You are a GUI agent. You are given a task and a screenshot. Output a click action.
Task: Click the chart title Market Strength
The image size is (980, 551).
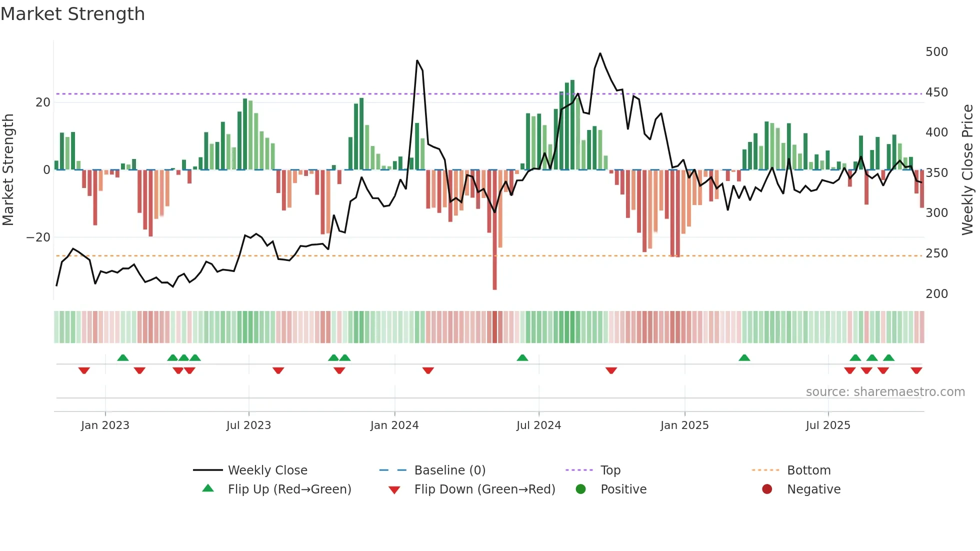72,14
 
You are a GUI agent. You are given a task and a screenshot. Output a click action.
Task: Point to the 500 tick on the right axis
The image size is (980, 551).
936,52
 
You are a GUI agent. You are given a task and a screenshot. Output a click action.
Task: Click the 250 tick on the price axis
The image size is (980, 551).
936,253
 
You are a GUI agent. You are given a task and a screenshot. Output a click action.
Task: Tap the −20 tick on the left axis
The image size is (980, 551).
38,237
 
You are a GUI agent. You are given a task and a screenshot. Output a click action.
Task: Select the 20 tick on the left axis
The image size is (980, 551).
43,102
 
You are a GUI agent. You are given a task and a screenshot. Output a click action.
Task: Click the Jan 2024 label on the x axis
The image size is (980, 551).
394,425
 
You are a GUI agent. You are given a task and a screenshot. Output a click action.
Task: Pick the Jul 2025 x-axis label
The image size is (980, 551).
827,425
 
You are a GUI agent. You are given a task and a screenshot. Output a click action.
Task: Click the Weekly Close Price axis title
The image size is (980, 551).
967,170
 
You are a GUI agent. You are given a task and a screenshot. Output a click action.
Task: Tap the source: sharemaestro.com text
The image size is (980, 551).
885,392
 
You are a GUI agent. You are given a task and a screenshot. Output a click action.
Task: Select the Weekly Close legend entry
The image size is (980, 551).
267,470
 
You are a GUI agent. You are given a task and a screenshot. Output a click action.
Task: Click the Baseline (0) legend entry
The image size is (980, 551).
449,470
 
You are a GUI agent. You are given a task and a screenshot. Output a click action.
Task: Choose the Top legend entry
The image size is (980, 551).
610,470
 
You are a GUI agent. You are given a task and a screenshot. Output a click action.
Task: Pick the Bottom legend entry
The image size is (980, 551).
808,470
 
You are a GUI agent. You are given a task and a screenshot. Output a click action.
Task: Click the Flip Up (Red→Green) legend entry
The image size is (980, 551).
289,489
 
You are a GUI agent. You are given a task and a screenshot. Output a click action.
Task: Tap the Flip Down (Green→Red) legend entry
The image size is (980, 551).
484,489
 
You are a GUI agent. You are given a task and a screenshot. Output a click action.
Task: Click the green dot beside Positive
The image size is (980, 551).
580,489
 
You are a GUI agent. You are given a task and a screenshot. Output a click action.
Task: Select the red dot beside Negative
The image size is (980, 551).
767,489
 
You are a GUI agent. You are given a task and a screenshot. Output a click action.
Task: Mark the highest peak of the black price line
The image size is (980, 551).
600,53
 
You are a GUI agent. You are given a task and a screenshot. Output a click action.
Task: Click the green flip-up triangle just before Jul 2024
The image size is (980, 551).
522,357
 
